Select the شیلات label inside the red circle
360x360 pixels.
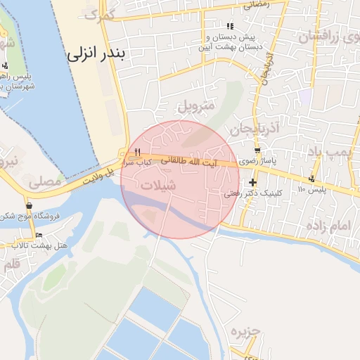click(158, 185)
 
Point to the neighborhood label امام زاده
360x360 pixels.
click(328, 226)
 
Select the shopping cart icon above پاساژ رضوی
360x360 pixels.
click(257, 150)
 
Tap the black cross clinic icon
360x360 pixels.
click(252, 183)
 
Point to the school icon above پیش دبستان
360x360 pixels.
click(229, 26)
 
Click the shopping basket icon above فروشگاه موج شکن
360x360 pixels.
click(30, 206)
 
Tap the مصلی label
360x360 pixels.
click(45, 181)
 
